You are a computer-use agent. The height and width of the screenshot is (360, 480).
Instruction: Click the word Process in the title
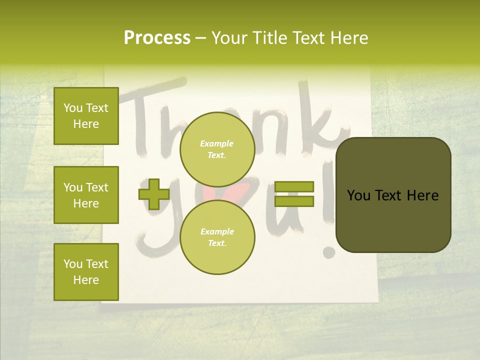(x=157, y=38)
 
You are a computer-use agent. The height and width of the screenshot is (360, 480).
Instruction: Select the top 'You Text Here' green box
(x=86, y=116)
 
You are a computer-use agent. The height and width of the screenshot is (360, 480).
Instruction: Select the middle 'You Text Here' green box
(x=86, y=195)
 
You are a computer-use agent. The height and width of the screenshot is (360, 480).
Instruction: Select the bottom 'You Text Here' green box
(x=86, y=271)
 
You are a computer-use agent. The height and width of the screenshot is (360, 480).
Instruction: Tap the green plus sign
(x=154, y=194)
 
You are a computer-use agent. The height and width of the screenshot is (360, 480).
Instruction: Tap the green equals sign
(x=294, y=194)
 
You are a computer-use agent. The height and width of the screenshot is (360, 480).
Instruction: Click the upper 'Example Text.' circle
(x=217, y=149)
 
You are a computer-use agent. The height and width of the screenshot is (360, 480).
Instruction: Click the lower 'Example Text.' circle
(x=217, y=237)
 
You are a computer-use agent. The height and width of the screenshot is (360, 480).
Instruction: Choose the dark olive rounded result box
(x=393, y=195)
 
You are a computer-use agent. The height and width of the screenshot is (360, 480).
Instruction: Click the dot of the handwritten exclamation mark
(x=328, y=251)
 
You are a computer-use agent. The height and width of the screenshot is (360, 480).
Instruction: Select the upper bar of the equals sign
(x=294, y=186)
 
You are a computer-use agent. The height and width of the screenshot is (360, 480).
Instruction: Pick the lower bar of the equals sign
(x=294, y=201)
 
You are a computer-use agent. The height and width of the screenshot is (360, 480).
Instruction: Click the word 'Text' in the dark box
(x=393, y=195)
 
